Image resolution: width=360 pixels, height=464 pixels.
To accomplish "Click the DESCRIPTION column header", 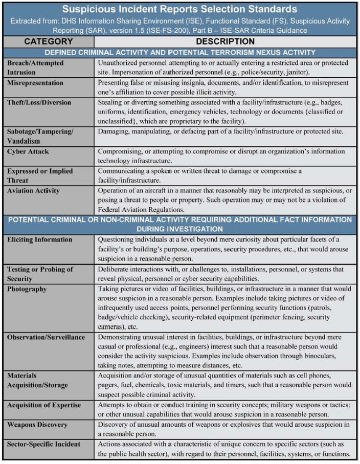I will click(x=226, y=41).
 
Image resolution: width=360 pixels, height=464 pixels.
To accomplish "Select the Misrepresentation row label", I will click(x=35, y=83).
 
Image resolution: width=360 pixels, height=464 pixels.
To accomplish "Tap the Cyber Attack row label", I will click(x=29, y=152).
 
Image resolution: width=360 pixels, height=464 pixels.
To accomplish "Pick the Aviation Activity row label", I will click(x=33, y=191).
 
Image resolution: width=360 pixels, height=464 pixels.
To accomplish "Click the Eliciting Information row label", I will click(x=39, y=239).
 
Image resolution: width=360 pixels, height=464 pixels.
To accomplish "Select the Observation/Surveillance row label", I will click(x=46, y=337).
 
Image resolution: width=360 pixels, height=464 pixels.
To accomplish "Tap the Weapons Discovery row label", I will click(x=37, y=425).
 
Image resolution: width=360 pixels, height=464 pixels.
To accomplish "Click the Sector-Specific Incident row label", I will click(x=44, y=445).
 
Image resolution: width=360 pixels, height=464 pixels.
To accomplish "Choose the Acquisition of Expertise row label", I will click(x=44, y=405).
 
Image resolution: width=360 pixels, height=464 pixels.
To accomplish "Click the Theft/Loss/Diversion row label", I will click(x=39, y=102).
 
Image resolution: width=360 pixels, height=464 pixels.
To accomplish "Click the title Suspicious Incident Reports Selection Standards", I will click(x=180, y=9).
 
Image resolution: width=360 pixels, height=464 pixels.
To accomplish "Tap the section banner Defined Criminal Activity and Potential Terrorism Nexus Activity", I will click(x=179, y=52).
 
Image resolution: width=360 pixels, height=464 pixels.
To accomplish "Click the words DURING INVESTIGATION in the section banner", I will click(x=179, y=229).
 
